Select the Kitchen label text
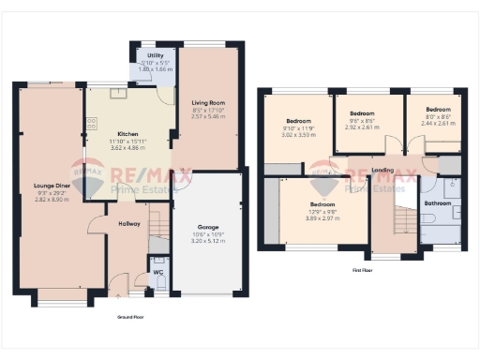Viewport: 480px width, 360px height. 127,134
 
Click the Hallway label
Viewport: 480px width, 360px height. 129,224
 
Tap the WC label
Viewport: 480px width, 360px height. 157,274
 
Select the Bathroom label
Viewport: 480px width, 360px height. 438,203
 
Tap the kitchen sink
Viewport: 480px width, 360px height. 119,93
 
